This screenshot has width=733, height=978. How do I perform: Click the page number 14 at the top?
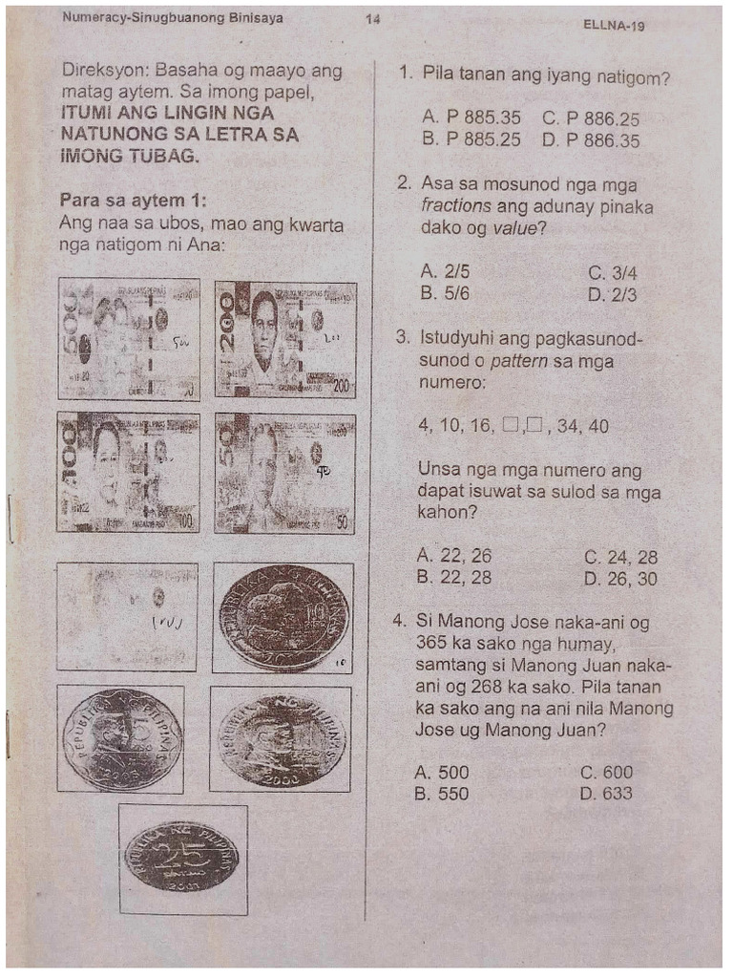pos(372,18)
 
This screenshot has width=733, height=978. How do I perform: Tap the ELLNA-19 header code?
pos(613,26)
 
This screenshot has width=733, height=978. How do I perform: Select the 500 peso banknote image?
pos(128,339)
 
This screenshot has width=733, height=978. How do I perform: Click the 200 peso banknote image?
pos(285,339)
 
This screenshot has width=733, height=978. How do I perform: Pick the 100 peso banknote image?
pos(128,472)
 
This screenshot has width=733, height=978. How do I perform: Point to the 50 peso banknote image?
pos(285,472)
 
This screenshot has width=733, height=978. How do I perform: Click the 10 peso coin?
pos(283,617)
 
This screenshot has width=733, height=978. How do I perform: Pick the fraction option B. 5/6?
pos(444,294)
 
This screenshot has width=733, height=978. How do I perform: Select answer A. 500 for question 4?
pos(443,773)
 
